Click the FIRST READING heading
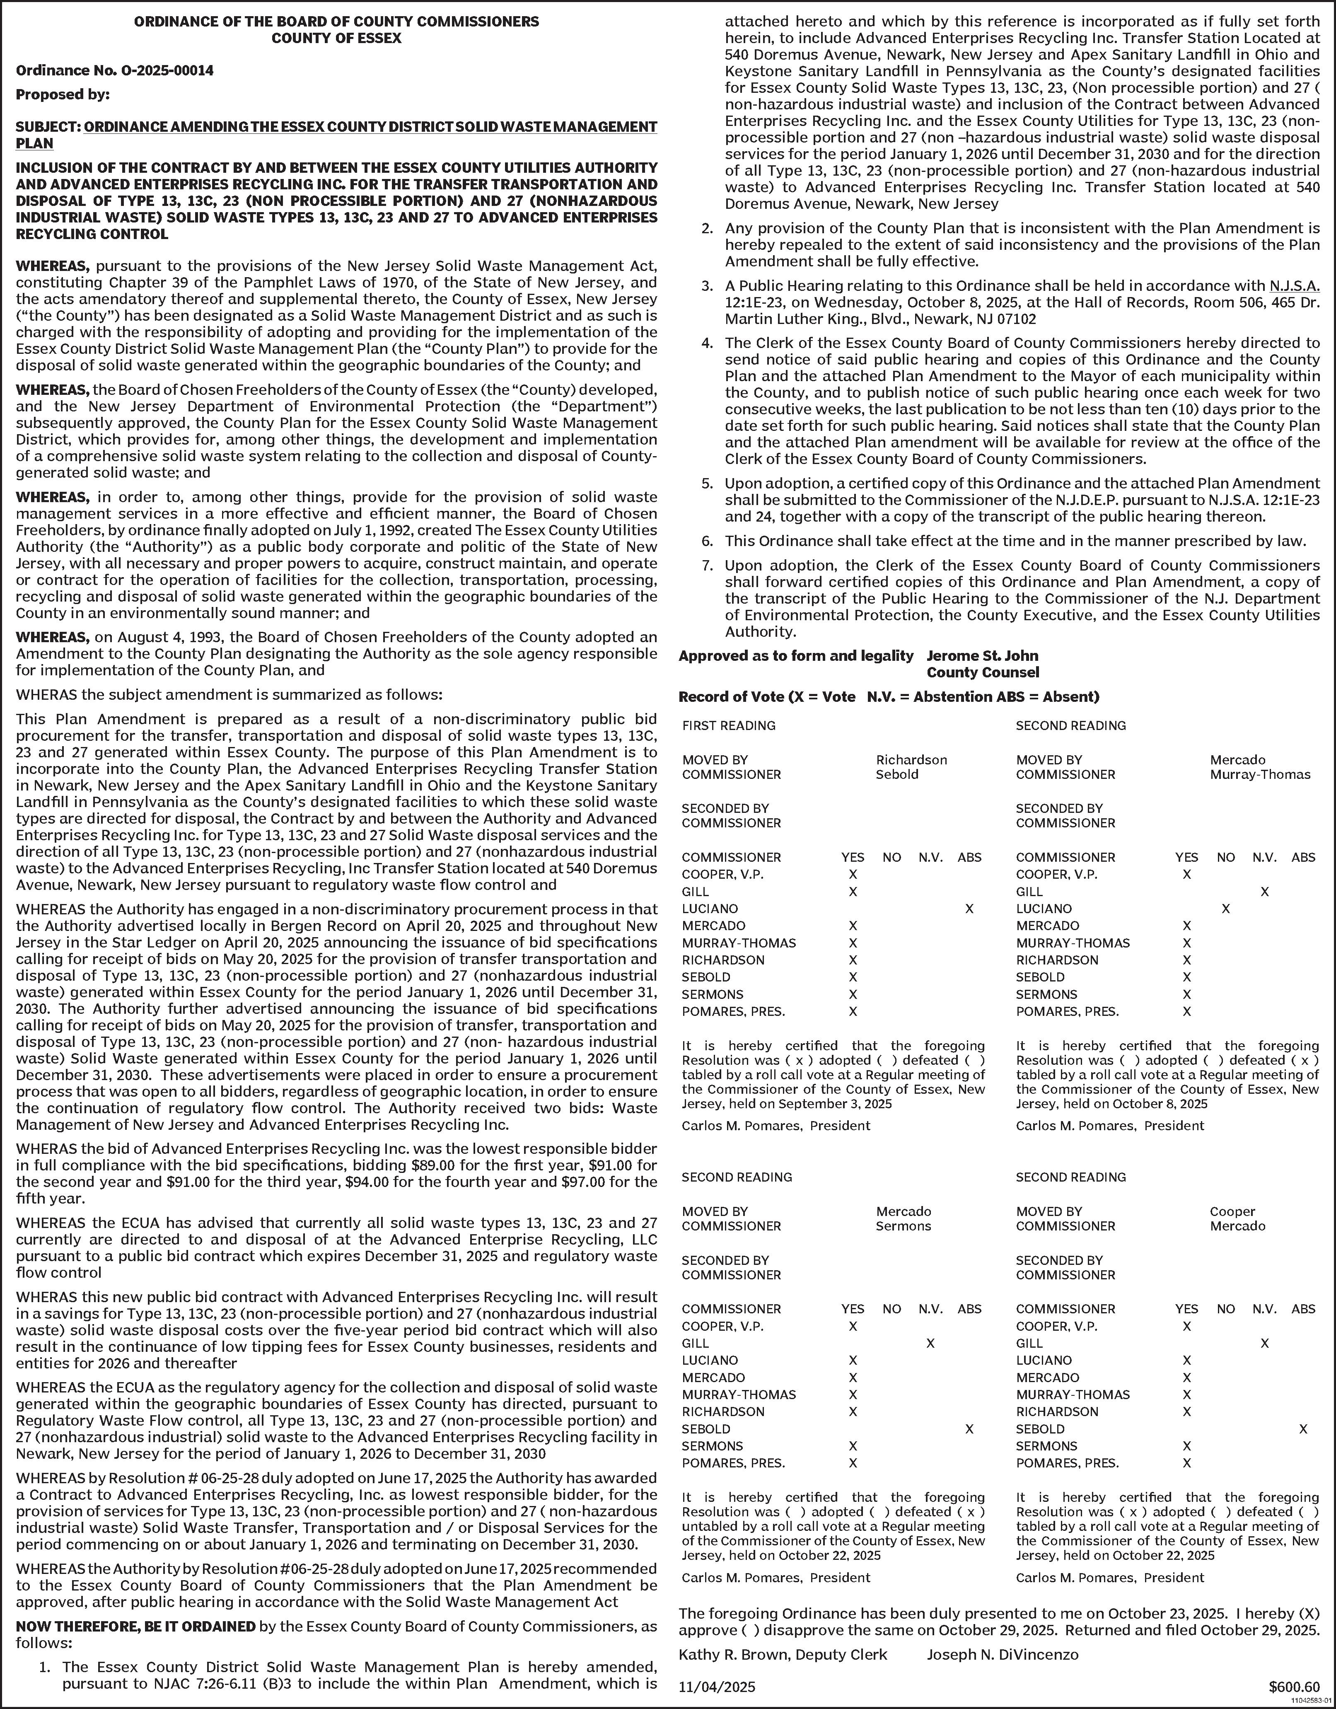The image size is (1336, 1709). coord(729,725)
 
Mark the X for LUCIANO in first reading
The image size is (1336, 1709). coord(969,909)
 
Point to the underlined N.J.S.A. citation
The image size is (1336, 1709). coord(1295,285)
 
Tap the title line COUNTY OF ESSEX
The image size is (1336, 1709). coord(336,38)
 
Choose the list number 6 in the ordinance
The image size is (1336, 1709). coord(708,541)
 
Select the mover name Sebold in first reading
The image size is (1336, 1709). coord(897,775)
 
